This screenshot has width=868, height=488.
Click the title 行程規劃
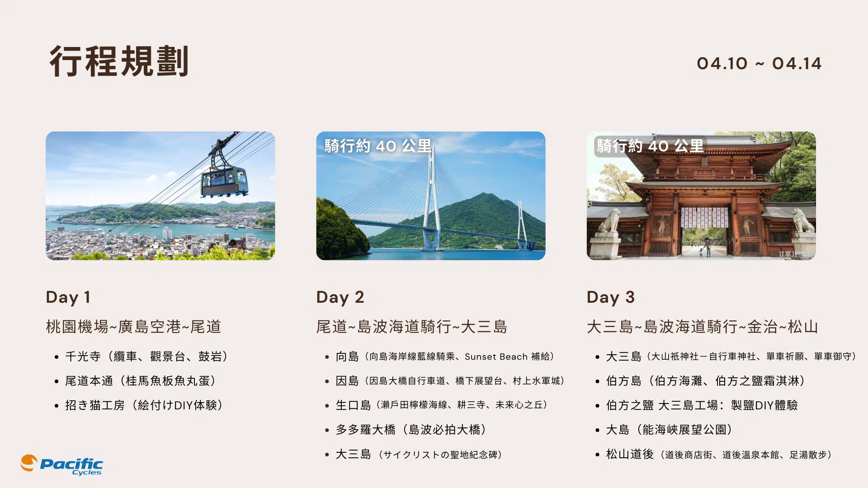point(118,61)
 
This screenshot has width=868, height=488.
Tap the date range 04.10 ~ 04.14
point(759,64)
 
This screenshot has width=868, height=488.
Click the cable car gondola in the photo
point(224,180)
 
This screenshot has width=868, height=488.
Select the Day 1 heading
point(68,297)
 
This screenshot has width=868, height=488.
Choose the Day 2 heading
point(340,297)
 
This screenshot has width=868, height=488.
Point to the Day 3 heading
point(610,297)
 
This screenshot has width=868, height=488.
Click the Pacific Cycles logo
point(62,465)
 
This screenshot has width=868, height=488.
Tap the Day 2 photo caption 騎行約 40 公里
point(377,146)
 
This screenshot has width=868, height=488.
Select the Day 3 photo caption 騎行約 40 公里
point(650,146)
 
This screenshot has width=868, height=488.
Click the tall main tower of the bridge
point(432,199)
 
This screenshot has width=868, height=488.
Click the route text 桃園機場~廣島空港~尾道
point(133,327)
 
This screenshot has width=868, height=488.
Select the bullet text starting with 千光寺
point(146,357)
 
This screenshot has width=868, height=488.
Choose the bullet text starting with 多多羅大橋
point(411,430)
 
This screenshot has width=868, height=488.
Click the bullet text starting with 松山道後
point(719,455)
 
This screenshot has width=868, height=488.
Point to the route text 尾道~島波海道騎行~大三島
point(411,327)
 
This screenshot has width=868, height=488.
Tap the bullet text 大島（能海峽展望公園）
point(669,430)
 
